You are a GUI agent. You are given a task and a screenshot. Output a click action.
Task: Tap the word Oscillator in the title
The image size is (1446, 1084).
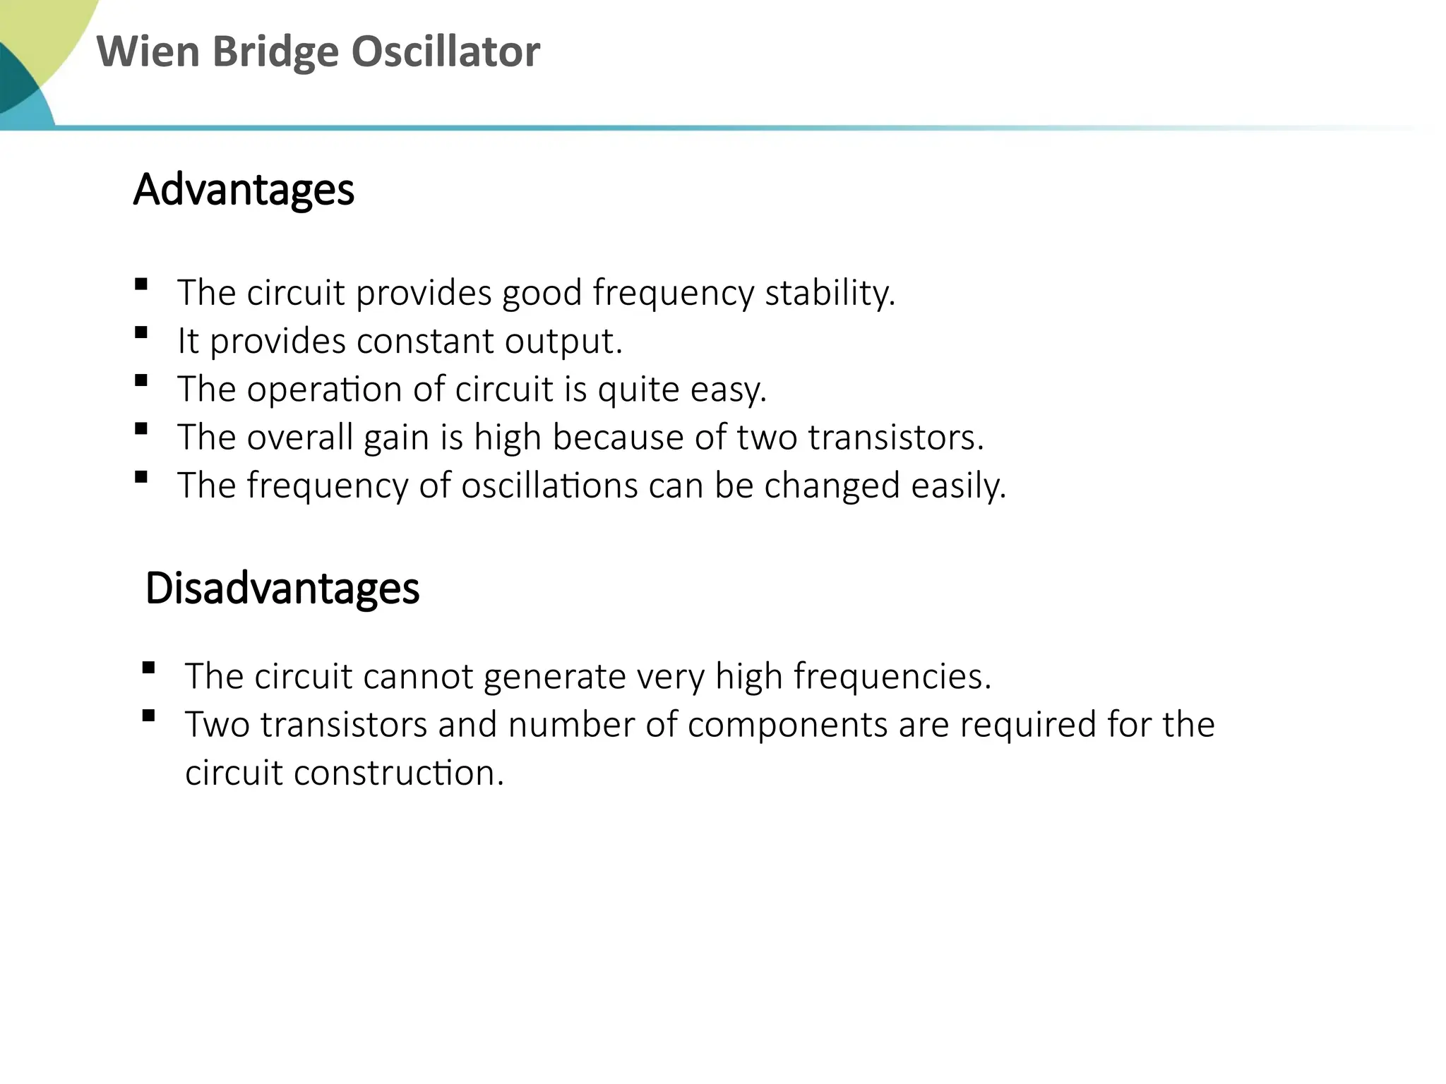[446, 52]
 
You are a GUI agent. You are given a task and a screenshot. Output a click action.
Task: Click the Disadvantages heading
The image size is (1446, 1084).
[282, 588]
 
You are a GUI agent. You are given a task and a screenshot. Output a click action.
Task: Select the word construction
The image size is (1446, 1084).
[398, 773]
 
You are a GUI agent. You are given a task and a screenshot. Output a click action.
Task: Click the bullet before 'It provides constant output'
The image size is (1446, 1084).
[141, 332]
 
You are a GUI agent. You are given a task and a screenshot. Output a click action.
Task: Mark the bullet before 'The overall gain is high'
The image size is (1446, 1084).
[141, 428]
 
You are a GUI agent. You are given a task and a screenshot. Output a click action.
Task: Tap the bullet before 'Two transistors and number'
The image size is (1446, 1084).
[148, 716]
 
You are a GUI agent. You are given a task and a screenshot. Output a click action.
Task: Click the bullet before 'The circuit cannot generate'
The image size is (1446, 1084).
[148, 668]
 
